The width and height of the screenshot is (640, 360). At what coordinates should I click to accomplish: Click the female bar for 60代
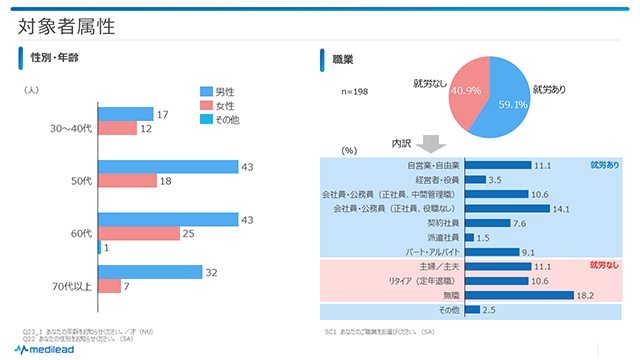pyautogui.click(x=139, y=233)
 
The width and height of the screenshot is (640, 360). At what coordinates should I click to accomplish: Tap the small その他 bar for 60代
pyautogui.click(x=99, y=247)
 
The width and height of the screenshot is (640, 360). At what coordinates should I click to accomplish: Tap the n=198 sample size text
pyautogui.click(x=356, y=92)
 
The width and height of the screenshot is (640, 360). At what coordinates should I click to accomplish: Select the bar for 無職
pyautogui.click(x=519, y=296)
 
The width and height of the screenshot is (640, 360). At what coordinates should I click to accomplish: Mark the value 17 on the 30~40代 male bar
pyautogui.click(x=162, y=115)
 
